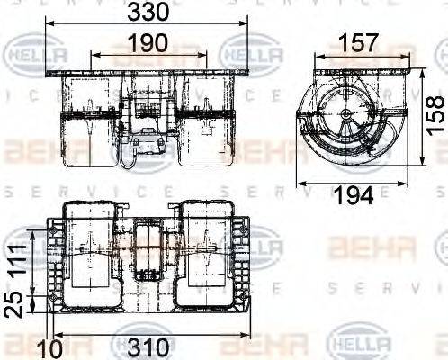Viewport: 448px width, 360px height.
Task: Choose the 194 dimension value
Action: pyautogui.click(x=354, y=195)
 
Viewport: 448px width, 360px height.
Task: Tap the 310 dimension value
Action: pyautogui.click(x=149, y=347)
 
